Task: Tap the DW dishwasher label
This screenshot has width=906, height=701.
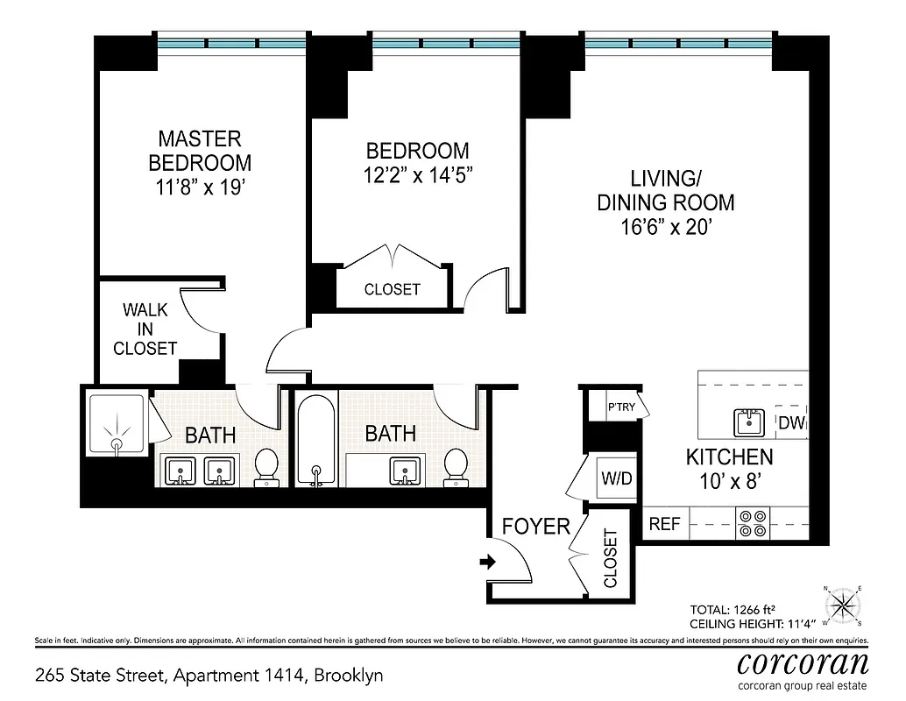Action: [x=792, y=424]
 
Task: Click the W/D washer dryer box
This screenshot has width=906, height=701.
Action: [x=616, y=479]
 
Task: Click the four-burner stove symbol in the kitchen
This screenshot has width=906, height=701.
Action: [x=751, y=523]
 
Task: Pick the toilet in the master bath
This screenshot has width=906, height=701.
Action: [x=266, y=467]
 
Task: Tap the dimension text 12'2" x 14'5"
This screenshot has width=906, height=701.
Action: [x=417, y=174]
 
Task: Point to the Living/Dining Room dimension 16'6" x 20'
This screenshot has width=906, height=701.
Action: [x=665, y=226]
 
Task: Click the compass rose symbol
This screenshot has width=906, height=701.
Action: [x=842, y=605]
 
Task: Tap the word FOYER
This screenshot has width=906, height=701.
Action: [x=535, y=527]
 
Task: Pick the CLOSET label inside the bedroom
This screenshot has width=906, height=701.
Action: [x=392, y=289]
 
